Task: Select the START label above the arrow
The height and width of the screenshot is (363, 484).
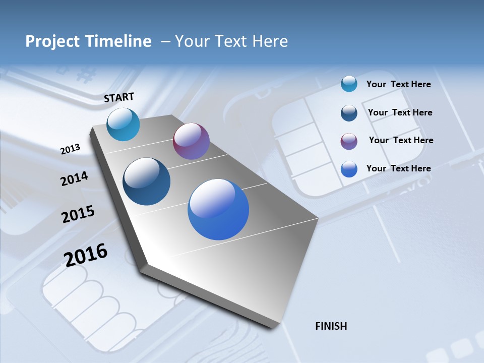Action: click(x=119, y=97)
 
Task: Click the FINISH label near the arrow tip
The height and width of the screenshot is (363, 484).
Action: click(x=331, y=326)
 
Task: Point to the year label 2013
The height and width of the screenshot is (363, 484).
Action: click(x=70, y=149)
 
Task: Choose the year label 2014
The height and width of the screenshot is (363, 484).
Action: click(x=74, y=178)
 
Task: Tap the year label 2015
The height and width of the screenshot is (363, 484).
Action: click(x=78, y=214)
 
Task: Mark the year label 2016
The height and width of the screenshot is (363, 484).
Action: click(x=86, y=255)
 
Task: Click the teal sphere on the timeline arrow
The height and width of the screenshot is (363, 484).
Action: click(x=123, y=124)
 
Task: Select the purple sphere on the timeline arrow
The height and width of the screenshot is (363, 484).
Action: click(x=191, y=141)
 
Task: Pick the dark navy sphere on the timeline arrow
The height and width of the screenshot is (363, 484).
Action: click(x=147, y=181)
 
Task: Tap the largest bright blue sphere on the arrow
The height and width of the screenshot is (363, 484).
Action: click(x=218, y=209)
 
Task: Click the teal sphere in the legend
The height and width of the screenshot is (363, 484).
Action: click(x=349, y=84)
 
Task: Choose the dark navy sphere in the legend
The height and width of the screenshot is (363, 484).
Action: click(x=349, y=113)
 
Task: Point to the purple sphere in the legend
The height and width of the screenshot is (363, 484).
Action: click(x=349, y=141)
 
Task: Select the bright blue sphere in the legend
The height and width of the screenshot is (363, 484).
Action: click(x=349, y=169)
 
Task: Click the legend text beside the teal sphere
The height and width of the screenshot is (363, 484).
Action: click(x=398, y=84)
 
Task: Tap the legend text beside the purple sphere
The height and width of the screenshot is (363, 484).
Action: click(x=401, y=140)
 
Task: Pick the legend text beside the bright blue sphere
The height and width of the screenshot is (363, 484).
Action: click(x=398, y=168)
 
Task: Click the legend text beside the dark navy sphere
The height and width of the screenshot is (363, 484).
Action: click(x=400, y=112)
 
